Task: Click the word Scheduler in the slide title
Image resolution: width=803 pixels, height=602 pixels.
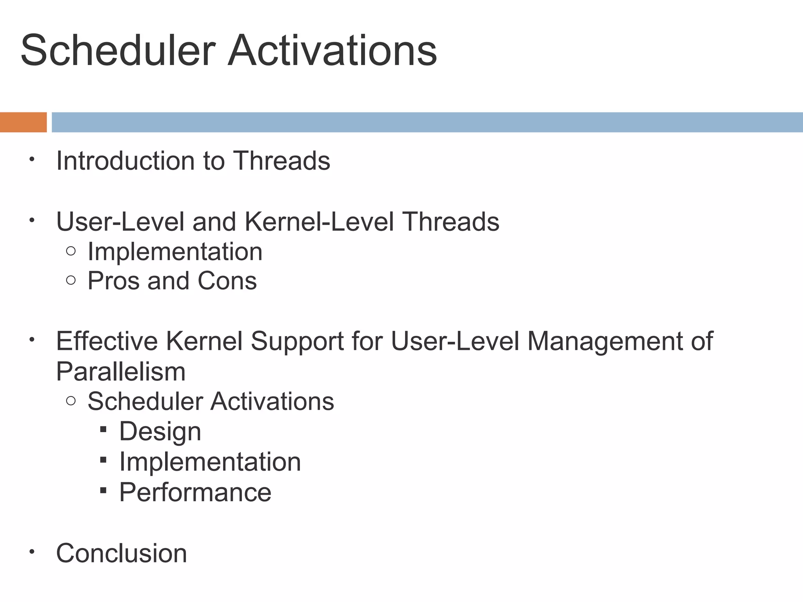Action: (x=118, y=51)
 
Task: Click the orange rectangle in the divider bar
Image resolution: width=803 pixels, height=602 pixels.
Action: (x=23, y=122)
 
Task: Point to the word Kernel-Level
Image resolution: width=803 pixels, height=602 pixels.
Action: (x=319, y=222)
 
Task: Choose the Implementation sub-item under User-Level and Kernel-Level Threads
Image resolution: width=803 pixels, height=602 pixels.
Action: (x=175, y=251)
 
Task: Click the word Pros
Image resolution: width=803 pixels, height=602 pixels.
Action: (x=113, y=281)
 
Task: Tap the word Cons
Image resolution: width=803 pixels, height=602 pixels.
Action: (x=227, y=281)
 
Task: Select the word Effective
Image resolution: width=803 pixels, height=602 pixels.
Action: (x=107, y=341)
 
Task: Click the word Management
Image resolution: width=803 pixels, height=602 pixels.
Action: (x=604, y=341)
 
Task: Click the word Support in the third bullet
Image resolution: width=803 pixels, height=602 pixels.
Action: (x=297, y=341)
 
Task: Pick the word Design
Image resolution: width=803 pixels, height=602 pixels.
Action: (x=160, y=432)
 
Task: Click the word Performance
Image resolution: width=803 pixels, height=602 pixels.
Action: (x=195, y=492)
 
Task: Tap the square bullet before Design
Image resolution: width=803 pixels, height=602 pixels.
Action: (x=103, y=429)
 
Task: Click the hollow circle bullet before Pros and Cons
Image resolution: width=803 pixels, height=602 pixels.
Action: (x=71, y=280)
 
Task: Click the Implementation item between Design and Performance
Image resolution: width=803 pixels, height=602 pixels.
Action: (x=210, y=462)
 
